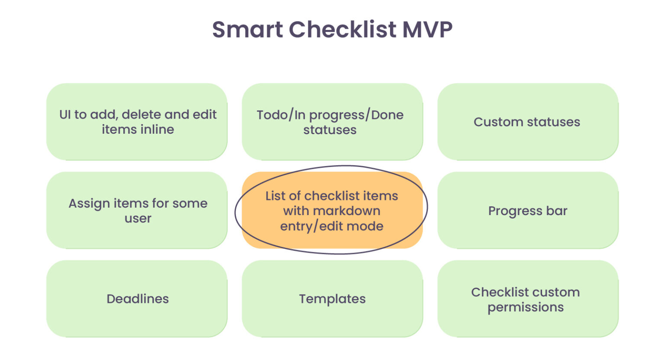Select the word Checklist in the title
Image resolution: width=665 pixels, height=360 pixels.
tap(342, 29)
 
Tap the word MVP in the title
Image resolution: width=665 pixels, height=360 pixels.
tap(427, 29)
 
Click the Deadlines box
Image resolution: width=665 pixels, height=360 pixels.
tap(137, 299)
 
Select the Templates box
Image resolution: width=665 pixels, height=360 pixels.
tap(332, 299)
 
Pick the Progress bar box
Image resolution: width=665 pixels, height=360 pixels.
tap(528, 211)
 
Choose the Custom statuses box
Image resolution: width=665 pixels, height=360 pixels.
tap(528, 122)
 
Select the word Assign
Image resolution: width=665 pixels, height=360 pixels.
tap(89, 203)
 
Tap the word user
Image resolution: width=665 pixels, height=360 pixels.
tap(138, 218)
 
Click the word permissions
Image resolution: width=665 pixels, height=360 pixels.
tap(526, 307)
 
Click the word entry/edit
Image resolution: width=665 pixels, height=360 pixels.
tap(308, 226)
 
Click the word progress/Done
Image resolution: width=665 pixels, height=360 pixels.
tap(356, 115)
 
